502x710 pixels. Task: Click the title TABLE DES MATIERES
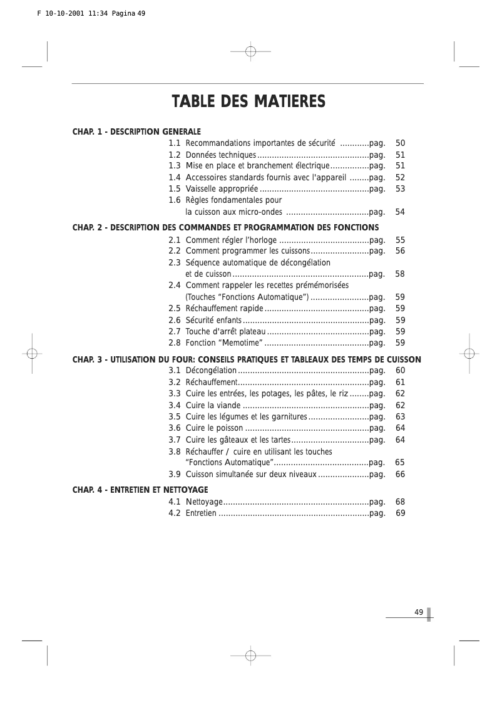248,101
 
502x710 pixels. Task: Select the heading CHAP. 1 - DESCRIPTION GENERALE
136,132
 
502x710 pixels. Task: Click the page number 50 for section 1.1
401,143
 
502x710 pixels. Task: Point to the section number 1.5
175,188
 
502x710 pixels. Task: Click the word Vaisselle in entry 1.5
202,188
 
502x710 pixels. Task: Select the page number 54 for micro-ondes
401,212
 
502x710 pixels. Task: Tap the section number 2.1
175,240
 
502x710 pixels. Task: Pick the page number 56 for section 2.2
401,250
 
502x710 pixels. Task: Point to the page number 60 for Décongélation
401,371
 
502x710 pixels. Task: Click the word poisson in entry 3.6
230,428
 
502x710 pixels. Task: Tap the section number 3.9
175,475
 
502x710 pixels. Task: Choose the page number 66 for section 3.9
401,475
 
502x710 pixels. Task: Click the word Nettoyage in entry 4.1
204,502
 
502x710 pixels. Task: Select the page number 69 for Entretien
401,513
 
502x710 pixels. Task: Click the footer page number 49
419,612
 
